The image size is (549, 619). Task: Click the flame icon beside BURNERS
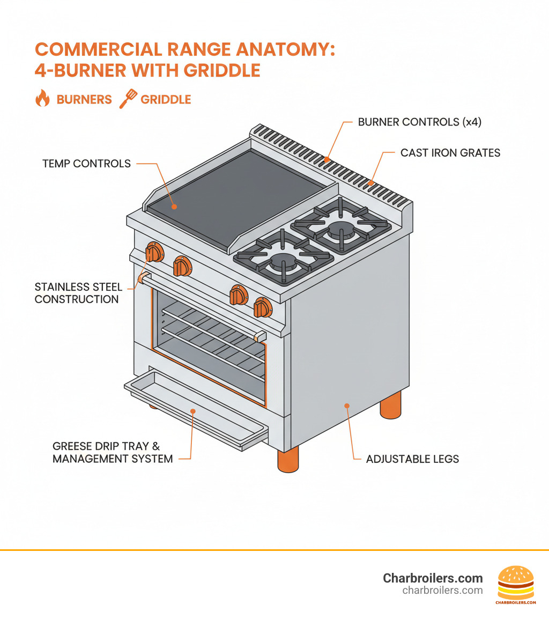tap(42, 99)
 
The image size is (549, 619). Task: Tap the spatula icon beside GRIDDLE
tap(128, 99)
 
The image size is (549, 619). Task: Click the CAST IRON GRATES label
tap(450, 153)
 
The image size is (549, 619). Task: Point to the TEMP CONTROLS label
tap(86, 164)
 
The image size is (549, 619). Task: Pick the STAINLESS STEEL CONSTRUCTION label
tap(78, 293)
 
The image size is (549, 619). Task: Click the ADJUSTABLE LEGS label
tap(412, 459)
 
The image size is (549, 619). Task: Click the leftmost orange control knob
tap(154, 252)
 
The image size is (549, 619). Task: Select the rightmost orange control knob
tap(262, 307)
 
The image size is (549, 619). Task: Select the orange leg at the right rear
tap(390, 406)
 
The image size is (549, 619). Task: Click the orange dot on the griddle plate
tap(173, 206)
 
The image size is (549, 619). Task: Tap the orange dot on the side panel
tap(347, 406)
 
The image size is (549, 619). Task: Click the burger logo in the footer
tap(516, 585)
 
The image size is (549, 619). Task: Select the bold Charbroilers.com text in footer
tap(433, 578)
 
